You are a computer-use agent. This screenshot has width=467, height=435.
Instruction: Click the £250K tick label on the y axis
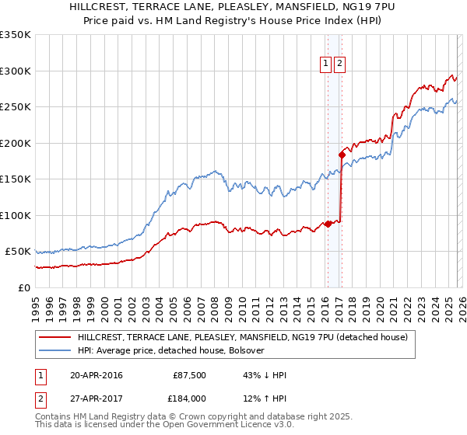coord(16,106)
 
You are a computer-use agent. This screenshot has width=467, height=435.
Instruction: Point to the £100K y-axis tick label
coord(16,215)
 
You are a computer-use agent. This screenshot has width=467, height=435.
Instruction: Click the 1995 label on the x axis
coord(35,303)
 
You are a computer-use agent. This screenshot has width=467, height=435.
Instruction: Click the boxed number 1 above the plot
coord(325,64)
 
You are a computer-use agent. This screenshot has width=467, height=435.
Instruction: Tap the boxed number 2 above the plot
coord(340,64)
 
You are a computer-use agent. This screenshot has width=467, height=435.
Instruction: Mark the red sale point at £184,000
coord(342,155)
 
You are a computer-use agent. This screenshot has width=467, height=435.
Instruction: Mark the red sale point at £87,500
coord(328,224)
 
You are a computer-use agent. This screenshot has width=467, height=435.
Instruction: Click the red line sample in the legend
coord(54,338)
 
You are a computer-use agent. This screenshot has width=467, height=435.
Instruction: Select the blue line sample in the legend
coord(54,350)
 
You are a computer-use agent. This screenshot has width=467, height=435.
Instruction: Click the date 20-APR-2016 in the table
coord(96,375)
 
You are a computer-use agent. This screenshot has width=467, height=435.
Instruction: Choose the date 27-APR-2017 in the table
coord(96,397)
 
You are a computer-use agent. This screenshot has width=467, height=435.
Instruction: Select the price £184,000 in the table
coord(188,397)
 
